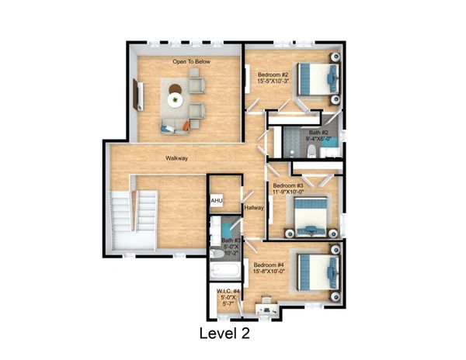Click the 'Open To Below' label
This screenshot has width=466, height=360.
coord(191,62)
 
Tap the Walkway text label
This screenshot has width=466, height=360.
coord(176,158)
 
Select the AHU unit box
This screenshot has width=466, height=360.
coord(217,201)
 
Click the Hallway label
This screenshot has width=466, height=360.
coord(254,208)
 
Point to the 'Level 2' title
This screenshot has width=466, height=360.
coord(224,333)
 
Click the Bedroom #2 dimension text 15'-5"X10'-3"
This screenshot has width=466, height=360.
coord(273,81)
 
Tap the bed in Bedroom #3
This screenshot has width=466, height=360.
coord(311,216)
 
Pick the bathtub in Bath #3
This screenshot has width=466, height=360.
coord(225,272)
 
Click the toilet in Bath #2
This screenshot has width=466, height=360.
coord(311,151)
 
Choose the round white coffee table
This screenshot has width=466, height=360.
coord(175,100)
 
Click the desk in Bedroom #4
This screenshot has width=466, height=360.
coord(267,308)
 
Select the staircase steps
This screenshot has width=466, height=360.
coord(134,211)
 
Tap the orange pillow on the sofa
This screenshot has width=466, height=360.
coord(186,126)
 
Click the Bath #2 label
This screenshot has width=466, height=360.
coord(318,133)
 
